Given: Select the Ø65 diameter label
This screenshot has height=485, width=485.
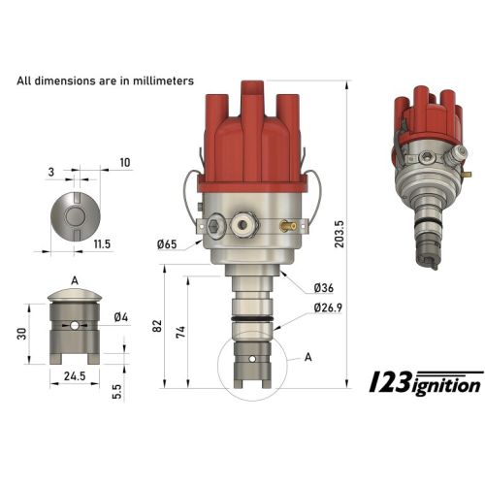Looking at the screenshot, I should pyautogui.click(x=167, y=243).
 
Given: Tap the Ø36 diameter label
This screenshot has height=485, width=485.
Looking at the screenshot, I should pyautogui.click(x=325, y=288).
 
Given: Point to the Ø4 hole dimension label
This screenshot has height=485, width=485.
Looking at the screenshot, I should pyautogui.click(x=121, y=317).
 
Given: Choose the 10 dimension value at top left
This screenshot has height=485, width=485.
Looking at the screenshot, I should pyautogui.click(x=125, y=163).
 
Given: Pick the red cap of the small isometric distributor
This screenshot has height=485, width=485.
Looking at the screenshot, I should pyautogui.click(x=424, y=116).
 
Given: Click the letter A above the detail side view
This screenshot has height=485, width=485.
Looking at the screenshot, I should pyautogui.click(x=76, y=281).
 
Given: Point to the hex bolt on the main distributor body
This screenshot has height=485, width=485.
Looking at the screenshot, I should pyautogui.click(x=210, y=229).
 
